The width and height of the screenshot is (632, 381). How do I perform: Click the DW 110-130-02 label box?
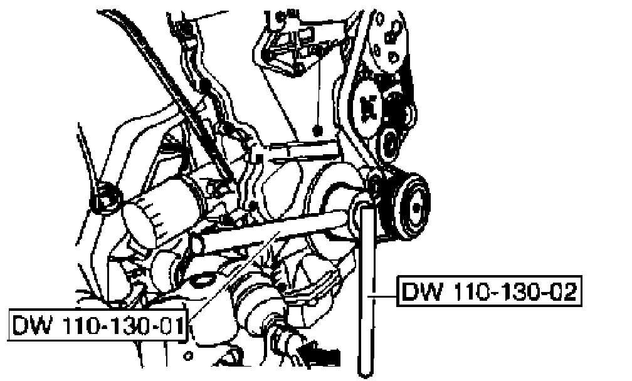487,291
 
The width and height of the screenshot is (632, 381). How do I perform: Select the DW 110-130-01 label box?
98,325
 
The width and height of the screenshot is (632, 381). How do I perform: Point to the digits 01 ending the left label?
172,325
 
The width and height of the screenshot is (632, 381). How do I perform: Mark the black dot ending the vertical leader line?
318,132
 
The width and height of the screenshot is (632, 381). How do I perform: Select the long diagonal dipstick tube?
182,100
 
